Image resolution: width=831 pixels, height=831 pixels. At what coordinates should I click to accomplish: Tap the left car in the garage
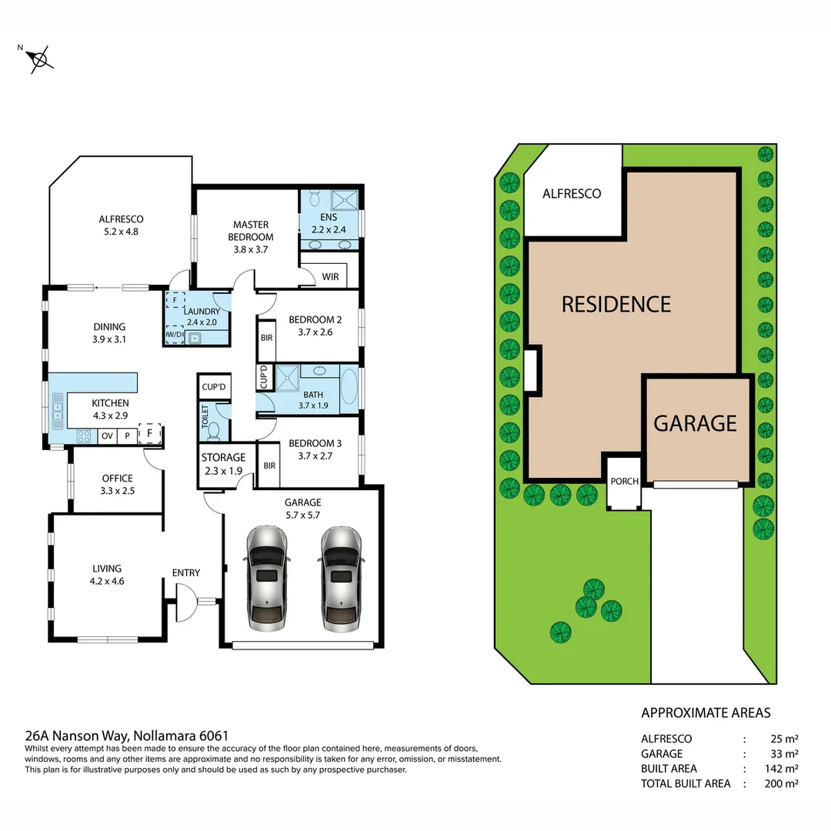coord(266,578)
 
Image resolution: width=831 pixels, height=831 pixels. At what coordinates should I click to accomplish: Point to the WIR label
coord(330,275)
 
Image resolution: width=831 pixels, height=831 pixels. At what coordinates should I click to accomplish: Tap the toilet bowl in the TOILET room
coord(215,430)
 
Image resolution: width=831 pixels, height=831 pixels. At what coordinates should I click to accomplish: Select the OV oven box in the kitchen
coord(107,436)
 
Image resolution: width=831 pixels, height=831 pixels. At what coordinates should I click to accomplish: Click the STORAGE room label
coord(223,457)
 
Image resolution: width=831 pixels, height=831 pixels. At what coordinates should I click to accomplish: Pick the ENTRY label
coord(186,572)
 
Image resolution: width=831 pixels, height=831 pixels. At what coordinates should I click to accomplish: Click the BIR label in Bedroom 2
coord(266,338)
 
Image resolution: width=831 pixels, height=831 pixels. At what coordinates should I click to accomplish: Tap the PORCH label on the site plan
coord(624,482)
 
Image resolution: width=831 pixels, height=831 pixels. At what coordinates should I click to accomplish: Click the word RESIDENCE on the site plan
coord(616,304)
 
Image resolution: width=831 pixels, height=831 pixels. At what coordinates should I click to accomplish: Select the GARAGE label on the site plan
coord(696,423)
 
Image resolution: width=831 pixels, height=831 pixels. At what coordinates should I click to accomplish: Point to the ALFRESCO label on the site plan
coord(572,194)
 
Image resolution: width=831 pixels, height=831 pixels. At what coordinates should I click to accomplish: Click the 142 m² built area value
coord(781,769)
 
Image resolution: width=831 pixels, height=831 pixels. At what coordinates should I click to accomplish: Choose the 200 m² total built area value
coord(781,783)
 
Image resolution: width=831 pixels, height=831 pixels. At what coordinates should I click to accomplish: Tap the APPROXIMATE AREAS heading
coord(706,713)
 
